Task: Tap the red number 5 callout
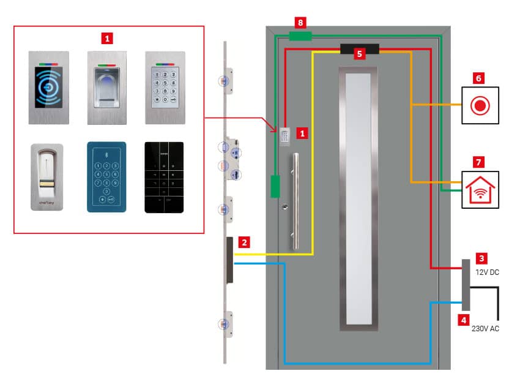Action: pyautogui.click(x=360, y=54)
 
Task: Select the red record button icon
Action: pyautogui.click(x=480, y=105)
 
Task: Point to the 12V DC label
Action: pyautogui.click(x=487, y=272)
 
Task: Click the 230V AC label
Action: pyautogui.click(x=485, y=329)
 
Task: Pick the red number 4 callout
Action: pyautogui.click(x=465, y=319)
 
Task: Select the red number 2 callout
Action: pyautogui.click(x=244, y=242)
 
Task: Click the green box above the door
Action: pyautogui.click(x=299, y=36)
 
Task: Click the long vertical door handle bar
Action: pyautogui.click(x=296, y=202)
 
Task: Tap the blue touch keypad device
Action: pyautogui.click(x=106, y=176)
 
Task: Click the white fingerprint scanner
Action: pyautogui.click(x=46, y=177)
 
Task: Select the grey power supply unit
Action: pyautogui.click(x=466, y=285)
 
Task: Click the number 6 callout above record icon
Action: pyautogui.click(x=479, y=79)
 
